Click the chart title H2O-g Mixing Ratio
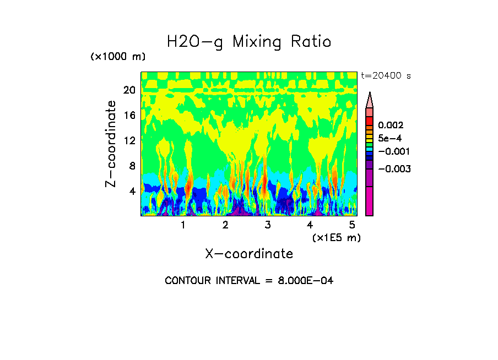pyautogui.click(x=249, y=42)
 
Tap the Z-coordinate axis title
pyautogui.click(x=111, y=144)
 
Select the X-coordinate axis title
pyautogui.click(x=249, y=254)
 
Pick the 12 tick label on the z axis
pyautogui.click(x=129, y=140)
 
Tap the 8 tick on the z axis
pyautogui.click(x=132, y=166)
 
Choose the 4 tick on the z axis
pyautogui.click(x=132, y=191)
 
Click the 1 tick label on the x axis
pyautogui.click(x=183, y=225)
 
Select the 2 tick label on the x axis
pyautogui.click(x=225, y=225)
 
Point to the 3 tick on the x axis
pyautogui.click(x=268, y=225)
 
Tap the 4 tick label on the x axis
pyautogui.click(x=310, y=225)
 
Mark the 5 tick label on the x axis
pyautogui.click(x=352, y=225)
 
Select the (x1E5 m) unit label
pyautogui.click(x=336, y=238)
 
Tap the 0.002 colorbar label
pyautogui.click(x=391, y=126)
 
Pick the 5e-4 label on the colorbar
pyautogui.click(x=390, y=139)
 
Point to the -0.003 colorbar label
pyautogui.click(x=393, y=168)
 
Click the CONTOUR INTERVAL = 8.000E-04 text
pyautogui.click(x=249, y=281)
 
